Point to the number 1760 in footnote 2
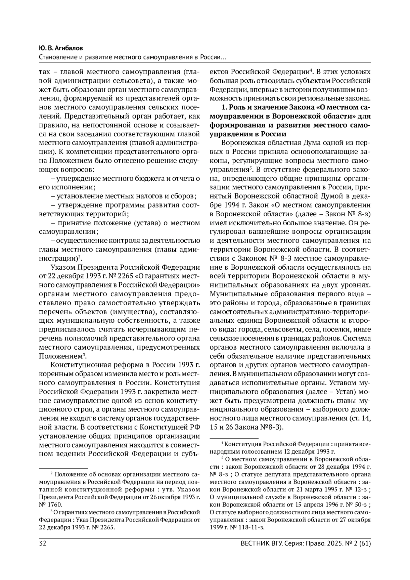tap(54, 504)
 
